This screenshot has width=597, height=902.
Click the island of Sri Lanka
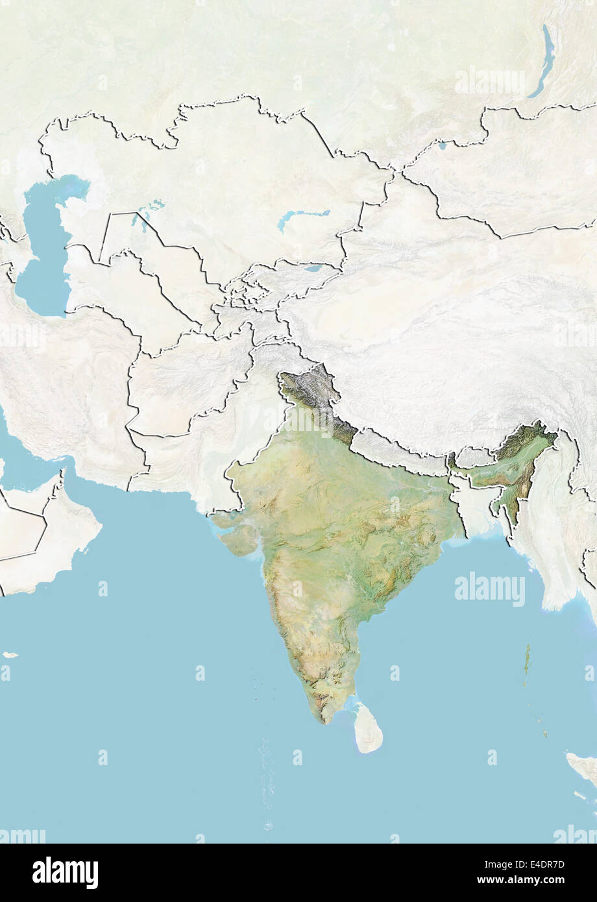369,731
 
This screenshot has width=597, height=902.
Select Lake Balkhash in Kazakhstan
302,217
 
